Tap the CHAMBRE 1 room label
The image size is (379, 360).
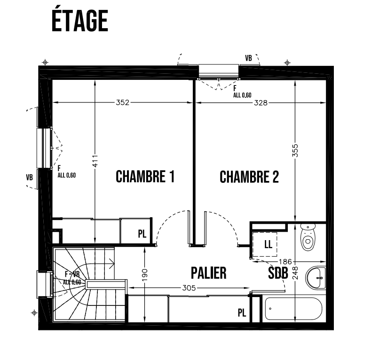coord(145,176)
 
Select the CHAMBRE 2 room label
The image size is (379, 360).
coord(249,177)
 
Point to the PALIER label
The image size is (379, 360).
coord(209,273)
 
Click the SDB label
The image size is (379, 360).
coord(278,273)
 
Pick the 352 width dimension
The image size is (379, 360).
coord(123,102)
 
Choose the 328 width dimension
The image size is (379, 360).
coord(261,103)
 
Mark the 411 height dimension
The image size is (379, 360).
coord(95,161)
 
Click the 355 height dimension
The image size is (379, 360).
coord(295,150)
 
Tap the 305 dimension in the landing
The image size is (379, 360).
coord(189,288)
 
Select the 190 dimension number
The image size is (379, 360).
coord(144,275)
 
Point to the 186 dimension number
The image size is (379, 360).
coord(285,261)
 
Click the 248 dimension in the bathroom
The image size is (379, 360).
coord(295,273)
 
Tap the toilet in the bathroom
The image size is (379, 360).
coord(308,237)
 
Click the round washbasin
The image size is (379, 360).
coord(316,278)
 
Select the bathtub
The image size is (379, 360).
coord(294,309)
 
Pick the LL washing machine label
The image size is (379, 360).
coord(268,244)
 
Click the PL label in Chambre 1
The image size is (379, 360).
coord(142,234)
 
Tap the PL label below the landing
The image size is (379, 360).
coord(242,313)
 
